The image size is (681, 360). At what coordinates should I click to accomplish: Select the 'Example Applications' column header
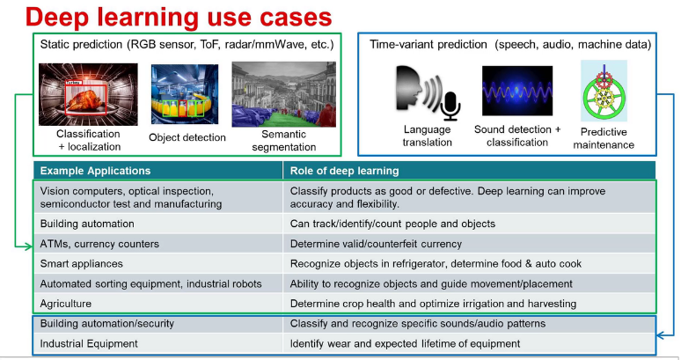[96, 171]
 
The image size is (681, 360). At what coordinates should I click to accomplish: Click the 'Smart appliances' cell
[84, 263]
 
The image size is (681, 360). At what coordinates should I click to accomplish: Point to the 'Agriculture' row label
[69, 304]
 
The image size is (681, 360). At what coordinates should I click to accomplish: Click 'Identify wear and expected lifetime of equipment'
[406, 343]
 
